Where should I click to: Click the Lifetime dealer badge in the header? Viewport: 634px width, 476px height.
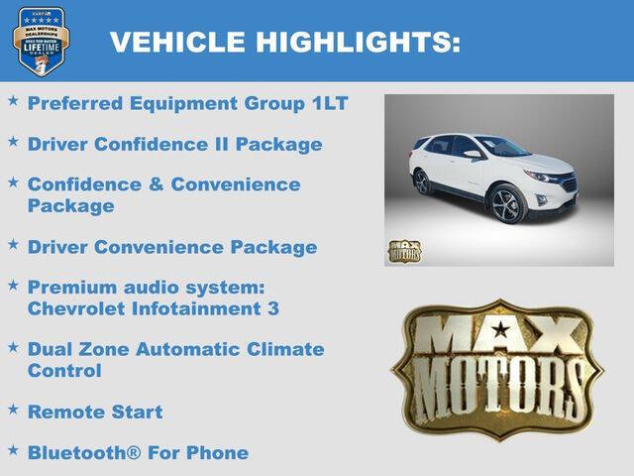click(41, 41)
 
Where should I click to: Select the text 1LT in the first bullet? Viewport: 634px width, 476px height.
click(329, 103)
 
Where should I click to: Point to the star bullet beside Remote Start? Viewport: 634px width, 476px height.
click(13, 409)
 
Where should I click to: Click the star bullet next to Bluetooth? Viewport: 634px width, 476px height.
click(13, 450)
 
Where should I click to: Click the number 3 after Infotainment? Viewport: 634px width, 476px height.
click(272, 308)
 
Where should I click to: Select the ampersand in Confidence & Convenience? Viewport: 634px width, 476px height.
click(157, 185)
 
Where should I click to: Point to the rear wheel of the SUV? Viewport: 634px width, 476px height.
click(423, 182)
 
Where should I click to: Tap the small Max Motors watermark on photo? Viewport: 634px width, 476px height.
click(404, 250)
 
